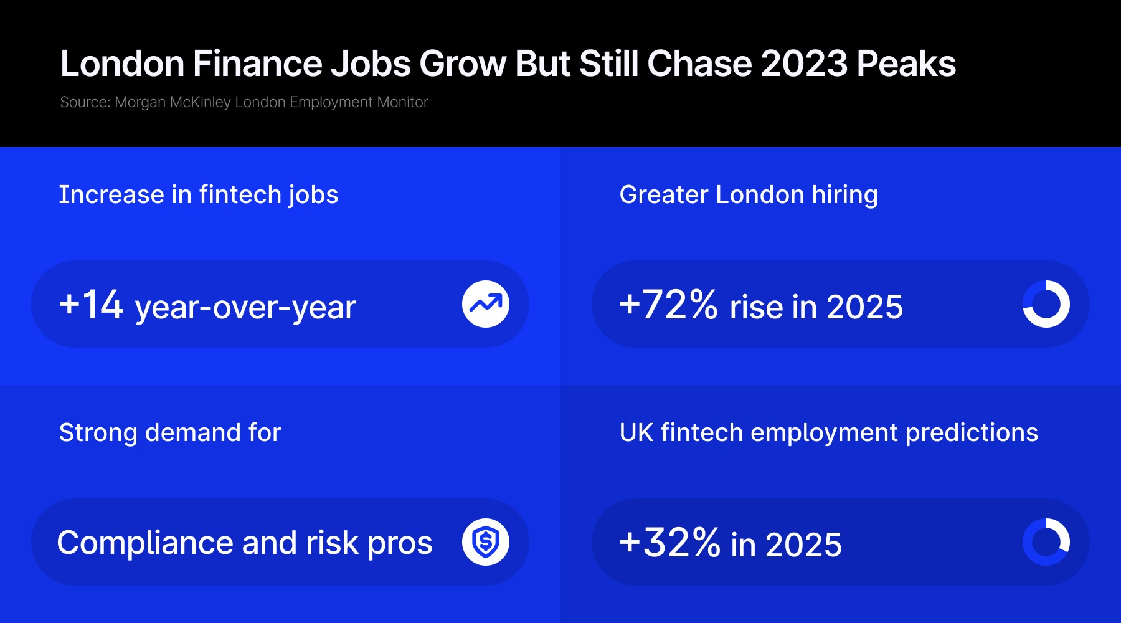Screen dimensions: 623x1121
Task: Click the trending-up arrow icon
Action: point(486,304)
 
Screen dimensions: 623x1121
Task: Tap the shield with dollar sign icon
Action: point(486,542)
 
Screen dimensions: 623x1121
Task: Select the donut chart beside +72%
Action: point(1046,304)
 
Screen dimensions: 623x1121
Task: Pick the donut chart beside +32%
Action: point(1046,542)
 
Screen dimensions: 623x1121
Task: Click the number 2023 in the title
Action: point(804,64)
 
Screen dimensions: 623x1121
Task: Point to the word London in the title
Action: point(122,64)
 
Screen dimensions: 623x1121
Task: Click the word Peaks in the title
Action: point(906,64)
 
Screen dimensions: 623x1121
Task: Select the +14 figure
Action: point(91,305)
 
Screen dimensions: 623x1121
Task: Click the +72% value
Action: point(668,305)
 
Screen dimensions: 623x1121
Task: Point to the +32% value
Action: point(669,543)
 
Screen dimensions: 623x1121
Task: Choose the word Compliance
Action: point(146,543)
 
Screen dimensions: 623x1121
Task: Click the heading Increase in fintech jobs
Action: point(199,195)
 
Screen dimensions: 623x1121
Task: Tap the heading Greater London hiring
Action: point(749,195)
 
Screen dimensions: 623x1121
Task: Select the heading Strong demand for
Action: point(170,433)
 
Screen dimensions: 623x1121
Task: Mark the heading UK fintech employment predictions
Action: point(829,433)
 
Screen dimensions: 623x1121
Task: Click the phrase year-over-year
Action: point(245,307)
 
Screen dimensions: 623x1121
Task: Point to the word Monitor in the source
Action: point(402,102)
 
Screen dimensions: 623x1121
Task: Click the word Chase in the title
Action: point(699,64)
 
